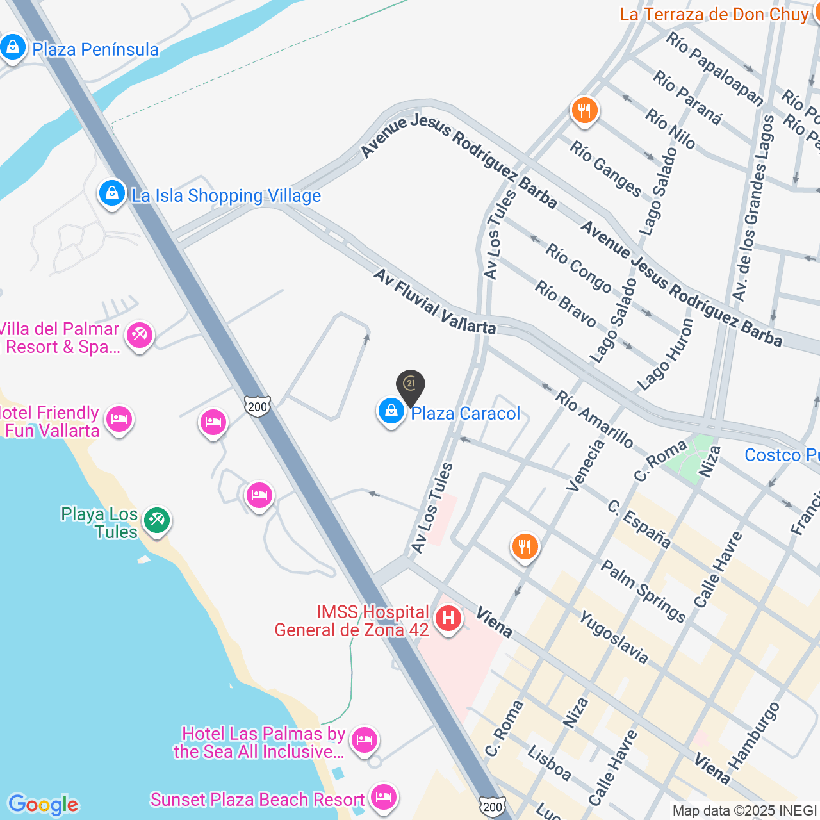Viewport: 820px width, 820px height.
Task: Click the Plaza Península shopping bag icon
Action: [13, 47]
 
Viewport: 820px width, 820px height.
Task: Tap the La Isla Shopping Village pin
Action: [112, 193]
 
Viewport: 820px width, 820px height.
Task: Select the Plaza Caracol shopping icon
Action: [391, 411]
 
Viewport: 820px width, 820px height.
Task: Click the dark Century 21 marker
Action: [411, 384]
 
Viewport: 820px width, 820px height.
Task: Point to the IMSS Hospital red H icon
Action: [448, 618]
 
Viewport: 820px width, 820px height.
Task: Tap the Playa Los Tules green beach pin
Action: [157, 520]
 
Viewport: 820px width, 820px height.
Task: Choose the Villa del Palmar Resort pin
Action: [139, 335]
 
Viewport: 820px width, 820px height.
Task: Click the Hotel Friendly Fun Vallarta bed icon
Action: [119, 419]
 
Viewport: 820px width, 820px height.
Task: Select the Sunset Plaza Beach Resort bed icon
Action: [384, 797]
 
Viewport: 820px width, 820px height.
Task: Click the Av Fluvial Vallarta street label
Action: [435, 302]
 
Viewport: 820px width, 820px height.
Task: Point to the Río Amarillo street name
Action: [594, 420]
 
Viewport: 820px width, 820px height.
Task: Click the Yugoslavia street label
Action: [614, 637]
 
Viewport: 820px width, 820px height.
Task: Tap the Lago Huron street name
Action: [665, 355]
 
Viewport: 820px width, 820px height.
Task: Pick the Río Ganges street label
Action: [605, 168]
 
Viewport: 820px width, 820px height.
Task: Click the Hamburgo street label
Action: [755, 736]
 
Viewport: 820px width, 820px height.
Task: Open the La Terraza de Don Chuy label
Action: [714, 14]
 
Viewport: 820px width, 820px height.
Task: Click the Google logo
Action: [44, 805]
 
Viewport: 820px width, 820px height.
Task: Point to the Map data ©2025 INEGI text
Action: [745, 811]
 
